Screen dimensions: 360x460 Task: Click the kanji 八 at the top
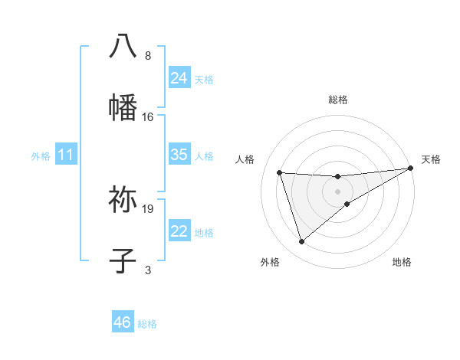(x=123, y=45)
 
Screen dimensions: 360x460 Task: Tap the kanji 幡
(x=123, y=108)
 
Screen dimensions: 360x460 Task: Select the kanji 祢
(x=123, y=199)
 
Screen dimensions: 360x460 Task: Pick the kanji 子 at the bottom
(x=123, y=260)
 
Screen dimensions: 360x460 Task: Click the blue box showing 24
(x=179, y=78)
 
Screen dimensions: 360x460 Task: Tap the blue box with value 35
(x=179, y=155)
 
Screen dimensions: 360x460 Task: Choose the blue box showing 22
(x=179, y=232)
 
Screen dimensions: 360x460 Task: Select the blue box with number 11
(x=66, y=155)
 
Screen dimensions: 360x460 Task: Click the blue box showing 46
(x=123, y=322)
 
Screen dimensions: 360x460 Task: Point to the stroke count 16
(x=148, y=117)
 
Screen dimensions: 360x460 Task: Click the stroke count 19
(x=148, y=208)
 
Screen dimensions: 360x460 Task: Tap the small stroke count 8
(x=148, y=56)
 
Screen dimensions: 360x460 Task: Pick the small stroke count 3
(x=148, y=270)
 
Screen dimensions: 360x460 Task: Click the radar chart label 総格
(x=338, y=100)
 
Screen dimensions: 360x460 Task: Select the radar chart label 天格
(x=431, y=159)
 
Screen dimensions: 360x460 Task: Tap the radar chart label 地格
(x=402, y=262)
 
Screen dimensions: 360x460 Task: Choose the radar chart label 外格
(x=270, y=262)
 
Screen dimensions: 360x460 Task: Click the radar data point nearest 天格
(x=411, y=169)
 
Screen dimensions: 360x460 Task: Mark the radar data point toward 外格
(x=301, y=242)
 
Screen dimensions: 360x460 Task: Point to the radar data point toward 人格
(x=280, y=173)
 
